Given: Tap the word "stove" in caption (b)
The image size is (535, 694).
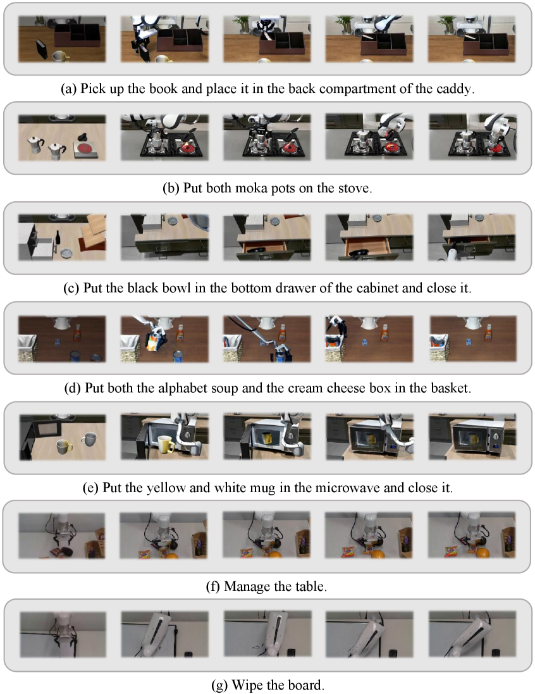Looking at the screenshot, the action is tap(353, 189).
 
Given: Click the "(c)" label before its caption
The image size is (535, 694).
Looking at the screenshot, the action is tap(71, 288).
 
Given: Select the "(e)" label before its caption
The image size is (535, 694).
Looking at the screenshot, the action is tap(90, 488).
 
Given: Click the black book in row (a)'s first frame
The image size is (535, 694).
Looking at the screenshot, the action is tap(42, 49).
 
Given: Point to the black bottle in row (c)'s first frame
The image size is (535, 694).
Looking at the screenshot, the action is tap(58, 239).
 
